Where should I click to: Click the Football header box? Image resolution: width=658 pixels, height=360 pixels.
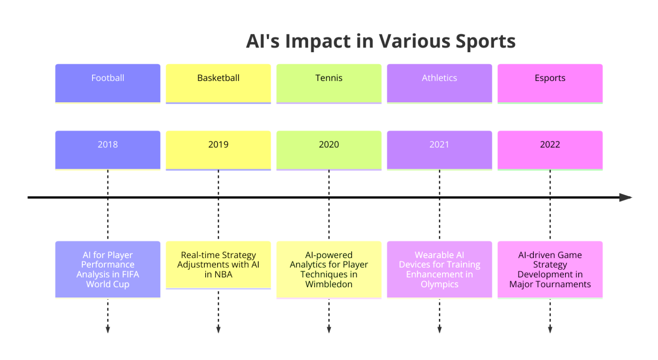click(108, 83)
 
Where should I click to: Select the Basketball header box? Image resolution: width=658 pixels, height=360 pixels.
click(218, 83)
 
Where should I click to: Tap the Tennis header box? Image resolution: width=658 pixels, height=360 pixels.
click(329, 83)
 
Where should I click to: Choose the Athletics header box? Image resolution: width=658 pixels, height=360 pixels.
click(439, 83)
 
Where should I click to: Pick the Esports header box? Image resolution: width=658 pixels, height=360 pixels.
click(550, 83)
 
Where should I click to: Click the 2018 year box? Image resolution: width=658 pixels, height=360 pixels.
click(108, 149)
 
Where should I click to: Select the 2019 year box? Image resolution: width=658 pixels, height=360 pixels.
click(218, 149)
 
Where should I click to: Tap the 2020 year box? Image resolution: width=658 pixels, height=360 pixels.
click(329, 149)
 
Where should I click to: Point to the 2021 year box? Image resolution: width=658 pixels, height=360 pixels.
click(439, 149)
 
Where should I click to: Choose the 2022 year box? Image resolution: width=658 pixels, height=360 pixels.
click(550, 149)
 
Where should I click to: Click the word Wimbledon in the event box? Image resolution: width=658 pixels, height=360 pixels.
click(329, 284)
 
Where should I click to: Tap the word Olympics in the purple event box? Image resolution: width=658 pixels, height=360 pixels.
click(439, 284)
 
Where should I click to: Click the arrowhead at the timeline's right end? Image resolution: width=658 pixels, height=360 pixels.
click(626, 197)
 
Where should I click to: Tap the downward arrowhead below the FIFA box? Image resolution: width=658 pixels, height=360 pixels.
click(108, 329)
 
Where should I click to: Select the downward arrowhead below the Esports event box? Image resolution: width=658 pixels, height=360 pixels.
click(550, 329)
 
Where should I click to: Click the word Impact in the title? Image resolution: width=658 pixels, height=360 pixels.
click(318, 42)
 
